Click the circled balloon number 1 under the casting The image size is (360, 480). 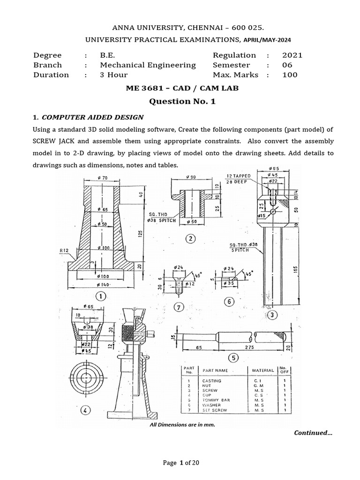point(101,296)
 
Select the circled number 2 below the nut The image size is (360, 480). point(190,239)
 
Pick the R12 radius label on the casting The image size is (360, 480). point(64,251)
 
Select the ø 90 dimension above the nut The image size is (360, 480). point(190,176)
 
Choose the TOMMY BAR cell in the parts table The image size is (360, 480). point(214,400)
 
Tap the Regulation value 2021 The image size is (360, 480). point(292,55)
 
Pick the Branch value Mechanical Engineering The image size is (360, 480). point(148,65)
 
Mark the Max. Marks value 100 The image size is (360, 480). point(290,75)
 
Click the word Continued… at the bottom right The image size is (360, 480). point(313,433)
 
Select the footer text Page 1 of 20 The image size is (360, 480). point(181,463)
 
